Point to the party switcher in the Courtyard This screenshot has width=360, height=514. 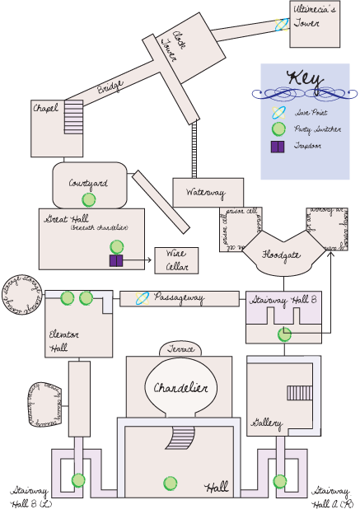coord(88,199)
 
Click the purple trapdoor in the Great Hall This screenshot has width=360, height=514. coord(116,261)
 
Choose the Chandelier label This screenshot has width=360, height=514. coord(181,388)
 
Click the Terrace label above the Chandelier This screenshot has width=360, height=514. coord(180,349)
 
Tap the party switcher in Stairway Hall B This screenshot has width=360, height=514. coord(284,334)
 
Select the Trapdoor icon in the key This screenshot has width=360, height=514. coord(278,146)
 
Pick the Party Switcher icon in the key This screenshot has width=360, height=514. coord(278,128)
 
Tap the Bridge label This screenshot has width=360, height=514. coord(111,87)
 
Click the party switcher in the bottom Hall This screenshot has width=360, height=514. coord(170,484)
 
